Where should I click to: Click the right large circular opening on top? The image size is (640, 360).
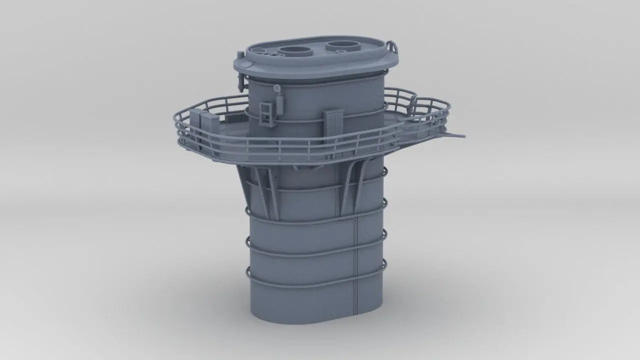(343, 46)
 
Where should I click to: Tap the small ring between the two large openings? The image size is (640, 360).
(319, 51)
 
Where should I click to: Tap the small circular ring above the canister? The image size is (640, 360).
(277, 88)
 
